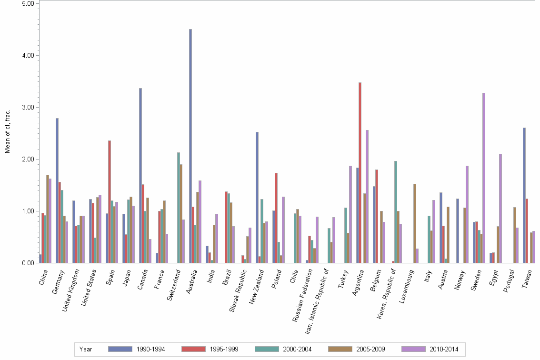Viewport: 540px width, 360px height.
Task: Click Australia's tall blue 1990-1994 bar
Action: (190, 146)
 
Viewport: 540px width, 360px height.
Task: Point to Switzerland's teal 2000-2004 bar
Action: (179, 208)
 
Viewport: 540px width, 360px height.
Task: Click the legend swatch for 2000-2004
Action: (267, 349)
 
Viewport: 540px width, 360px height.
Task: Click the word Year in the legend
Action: (86, 350)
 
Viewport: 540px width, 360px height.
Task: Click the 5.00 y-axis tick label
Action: (29, 3)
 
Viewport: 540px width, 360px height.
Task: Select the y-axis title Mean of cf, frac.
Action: (8, 131)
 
